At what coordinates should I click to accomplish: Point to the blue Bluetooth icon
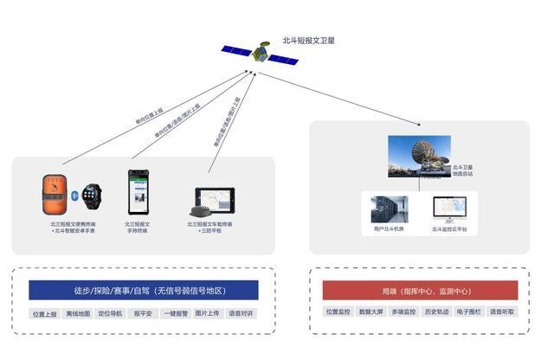click(74, 194)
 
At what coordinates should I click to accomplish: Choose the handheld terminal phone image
click(138, 191)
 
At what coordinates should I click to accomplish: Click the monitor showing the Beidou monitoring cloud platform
click(449, 209)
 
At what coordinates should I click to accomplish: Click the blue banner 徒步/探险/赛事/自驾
click(143, 291)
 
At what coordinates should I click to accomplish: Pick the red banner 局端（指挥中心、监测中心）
click(420, 291)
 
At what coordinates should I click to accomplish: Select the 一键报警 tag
click(176, 313)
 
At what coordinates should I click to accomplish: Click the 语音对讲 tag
click(241, 313)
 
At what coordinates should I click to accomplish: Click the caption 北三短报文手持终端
click(138, 227)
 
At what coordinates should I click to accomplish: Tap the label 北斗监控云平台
click(449, 229)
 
